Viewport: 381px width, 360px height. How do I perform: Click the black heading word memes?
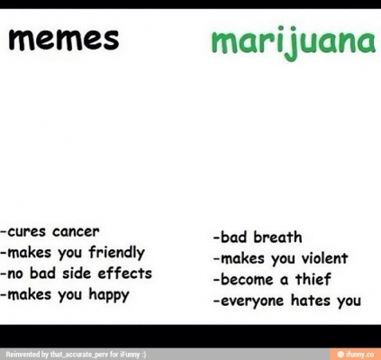coord(63,40)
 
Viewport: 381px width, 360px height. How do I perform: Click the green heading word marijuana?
coord(294,42)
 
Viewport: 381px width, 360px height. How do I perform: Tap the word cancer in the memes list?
coord(76,231)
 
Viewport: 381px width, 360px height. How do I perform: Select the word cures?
coord(26,232)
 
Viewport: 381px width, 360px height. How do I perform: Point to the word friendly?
coord(116,253)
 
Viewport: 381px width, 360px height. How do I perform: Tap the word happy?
coord(109,295)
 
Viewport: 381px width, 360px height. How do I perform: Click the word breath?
coord(277,238)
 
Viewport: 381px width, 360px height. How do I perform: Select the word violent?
coord(324,258)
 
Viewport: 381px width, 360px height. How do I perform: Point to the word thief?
coord(313,279)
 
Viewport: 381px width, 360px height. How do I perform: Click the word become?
coord(247,279)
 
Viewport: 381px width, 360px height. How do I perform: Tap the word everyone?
coord(252,301)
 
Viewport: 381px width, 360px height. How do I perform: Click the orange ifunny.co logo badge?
coord(355,354)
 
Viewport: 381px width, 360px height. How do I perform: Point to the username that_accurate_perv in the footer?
coord(79,355)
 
